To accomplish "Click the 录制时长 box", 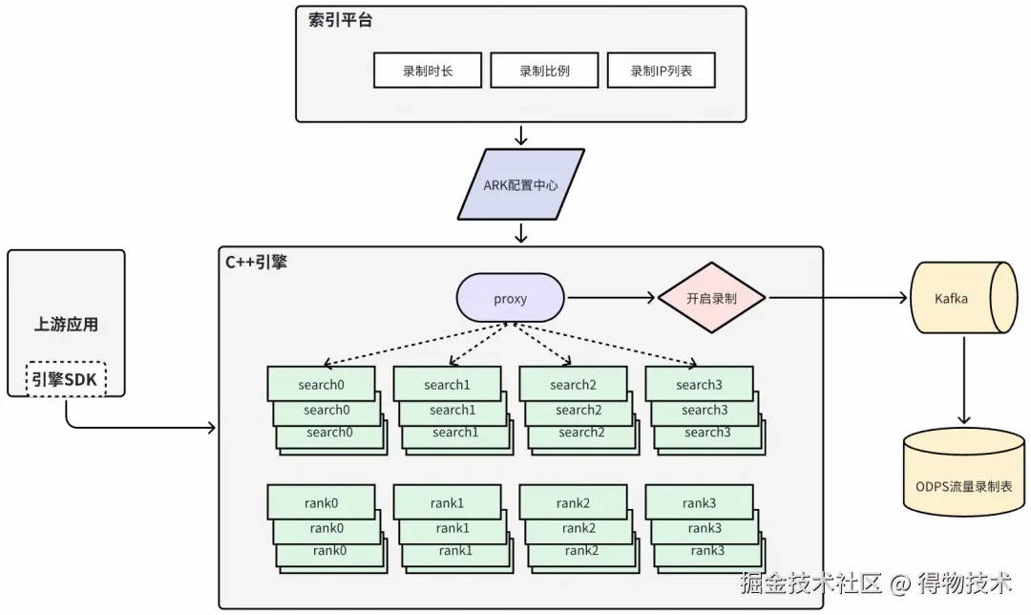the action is coord(428,71).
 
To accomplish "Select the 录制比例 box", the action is coord(544,71).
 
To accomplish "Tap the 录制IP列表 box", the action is coord(661,71).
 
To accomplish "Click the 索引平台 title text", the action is coord(341,20).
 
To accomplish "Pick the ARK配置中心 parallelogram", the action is coord(521,184).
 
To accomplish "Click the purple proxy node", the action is coord(510,298).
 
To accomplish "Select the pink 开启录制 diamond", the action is coord(711,298).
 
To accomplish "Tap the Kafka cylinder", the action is coord(963,298).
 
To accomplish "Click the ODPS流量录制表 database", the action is coord(963,472).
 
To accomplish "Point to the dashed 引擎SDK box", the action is coord(66,379).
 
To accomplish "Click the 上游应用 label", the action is coord(66,325).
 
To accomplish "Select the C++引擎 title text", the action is coord(257,263).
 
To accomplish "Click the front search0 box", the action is coord(321,384).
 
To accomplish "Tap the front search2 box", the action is coord(574,384).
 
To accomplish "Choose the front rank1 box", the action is coord(447,502).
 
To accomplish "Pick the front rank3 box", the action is coord(699,502).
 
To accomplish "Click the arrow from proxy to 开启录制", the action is coord(612,298).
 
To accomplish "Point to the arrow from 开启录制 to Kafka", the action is coord(838,298).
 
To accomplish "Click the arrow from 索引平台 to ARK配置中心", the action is coord(521,136).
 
